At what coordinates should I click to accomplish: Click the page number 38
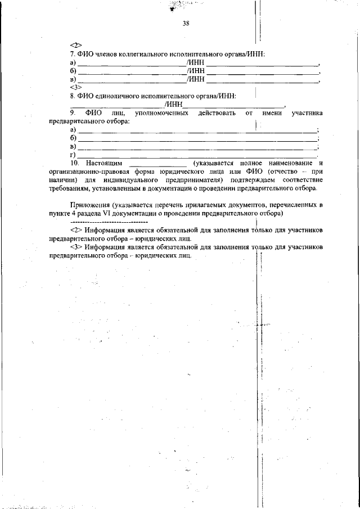point(186,23)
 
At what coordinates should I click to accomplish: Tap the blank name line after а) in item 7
point(131,64)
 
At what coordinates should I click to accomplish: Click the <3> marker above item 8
point(76,88)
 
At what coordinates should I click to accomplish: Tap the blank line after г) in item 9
point(197,156)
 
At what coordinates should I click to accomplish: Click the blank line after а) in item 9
point(197,131)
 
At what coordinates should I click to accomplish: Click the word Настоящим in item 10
point(103,163)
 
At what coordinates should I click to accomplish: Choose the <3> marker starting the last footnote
point(76,247)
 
